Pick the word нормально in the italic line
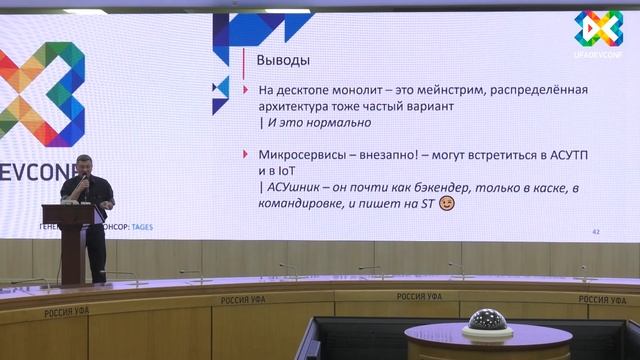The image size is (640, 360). tap(340, 123)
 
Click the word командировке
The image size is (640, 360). tap(306, 204)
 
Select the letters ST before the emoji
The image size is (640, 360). tap(424, 204)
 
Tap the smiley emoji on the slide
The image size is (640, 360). tap(447, 204)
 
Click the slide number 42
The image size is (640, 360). tap(596, 231)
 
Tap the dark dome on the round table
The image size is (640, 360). tap(487, 321)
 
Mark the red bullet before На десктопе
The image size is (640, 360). tap(245, 90)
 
